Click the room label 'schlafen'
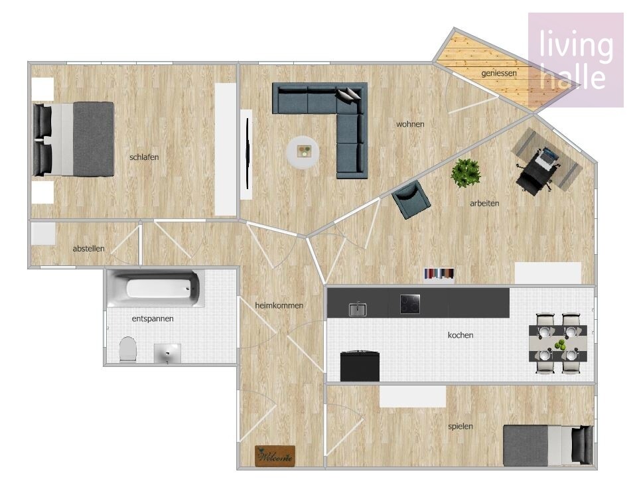click(x=144, y=157)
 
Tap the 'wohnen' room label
click(x=410, y=124)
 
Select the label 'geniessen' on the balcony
click(x=499, y=73)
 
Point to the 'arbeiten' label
click(x=484, y=203)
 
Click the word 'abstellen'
click(x=88, y=248)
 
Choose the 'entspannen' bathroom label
click(x=153, y=319)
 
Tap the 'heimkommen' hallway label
click(x=279, y=305)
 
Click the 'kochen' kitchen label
click(x=460, y=335)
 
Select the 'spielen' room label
click(x=460, y=426)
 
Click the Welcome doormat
click(x=275, y=456)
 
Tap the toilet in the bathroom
click(x=128, y=349)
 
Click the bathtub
click(x=155, y=288)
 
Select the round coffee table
click(x=303, y=153)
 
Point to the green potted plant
click(x=466, y=173)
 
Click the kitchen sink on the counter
click(x=358, y=310)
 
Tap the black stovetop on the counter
click(x=410, y=304)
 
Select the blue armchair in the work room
click(x=411, y=199)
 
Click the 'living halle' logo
click(x=576, y=60)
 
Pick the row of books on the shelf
click(x=439, y=273)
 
